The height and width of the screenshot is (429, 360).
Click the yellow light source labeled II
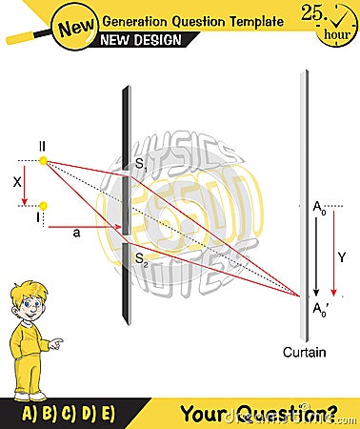click(44, 161)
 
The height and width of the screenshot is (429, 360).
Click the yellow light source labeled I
click(44, 204)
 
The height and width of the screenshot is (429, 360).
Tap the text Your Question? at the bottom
click(257, 412)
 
